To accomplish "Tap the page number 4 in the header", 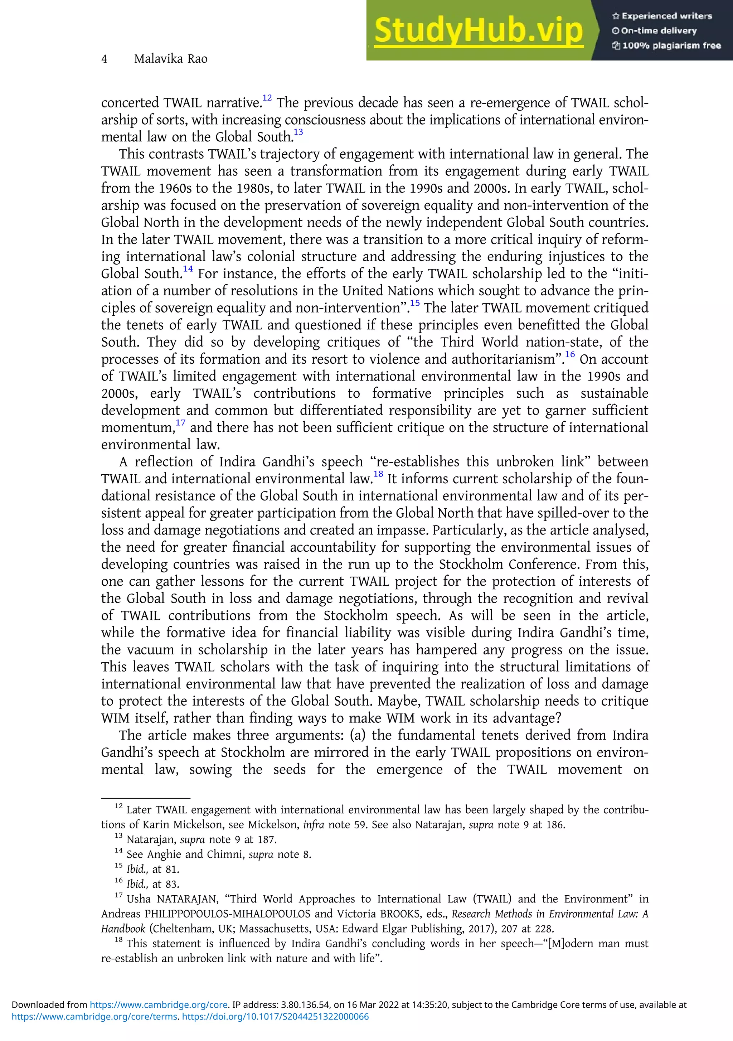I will click(x=104, y=59).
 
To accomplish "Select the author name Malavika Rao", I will click(x=170, y=59).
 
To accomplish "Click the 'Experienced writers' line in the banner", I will click(x=662, y=16).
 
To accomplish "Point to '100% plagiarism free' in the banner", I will click(x=666, y=45).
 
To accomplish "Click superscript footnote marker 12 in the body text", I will click(x=267, y=97).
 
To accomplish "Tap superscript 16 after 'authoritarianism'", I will click(x=570, y=354).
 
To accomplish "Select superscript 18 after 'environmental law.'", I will click(x=378, y=474).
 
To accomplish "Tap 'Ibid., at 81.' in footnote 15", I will click(x=153, y=869).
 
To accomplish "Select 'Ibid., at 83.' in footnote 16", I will click(x=153, y=884).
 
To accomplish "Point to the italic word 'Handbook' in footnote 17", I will click(x=123, y=929).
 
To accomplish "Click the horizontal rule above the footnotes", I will click(x=145, y=798).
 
